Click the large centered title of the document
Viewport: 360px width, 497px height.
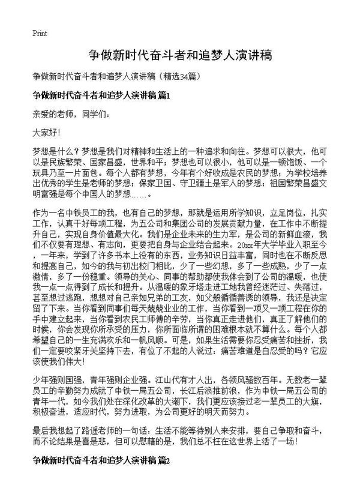click(180, 56)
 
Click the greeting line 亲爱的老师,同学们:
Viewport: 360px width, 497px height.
click(71, 113)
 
